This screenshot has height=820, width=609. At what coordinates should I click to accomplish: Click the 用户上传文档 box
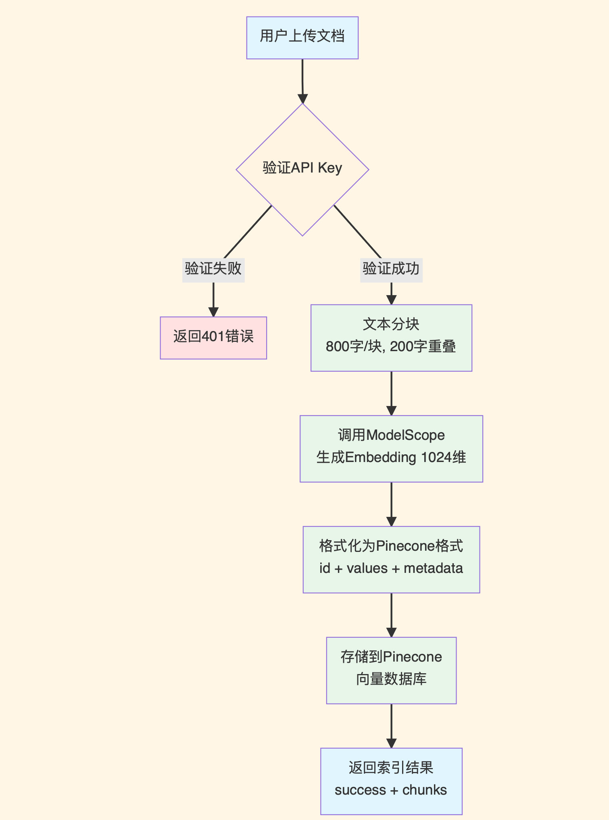point(302,37)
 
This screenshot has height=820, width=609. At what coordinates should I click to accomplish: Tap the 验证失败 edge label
point(213,268)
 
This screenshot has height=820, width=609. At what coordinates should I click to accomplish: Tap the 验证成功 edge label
point(391,268)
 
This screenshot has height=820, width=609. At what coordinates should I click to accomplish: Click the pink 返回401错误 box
point(213,338)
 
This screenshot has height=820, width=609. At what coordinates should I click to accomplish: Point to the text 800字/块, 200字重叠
point(391,347)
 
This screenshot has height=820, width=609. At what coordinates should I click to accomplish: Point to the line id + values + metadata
point(391,568)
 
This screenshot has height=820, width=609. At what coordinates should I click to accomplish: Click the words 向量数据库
point(391,679)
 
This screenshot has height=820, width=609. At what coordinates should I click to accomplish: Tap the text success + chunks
point(391,790)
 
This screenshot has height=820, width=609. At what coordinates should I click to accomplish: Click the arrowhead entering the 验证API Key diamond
point(302,99)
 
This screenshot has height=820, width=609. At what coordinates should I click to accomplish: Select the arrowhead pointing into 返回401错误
point(213,312)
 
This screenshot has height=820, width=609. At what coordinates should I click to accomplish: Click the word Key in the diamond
point(330,168)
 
